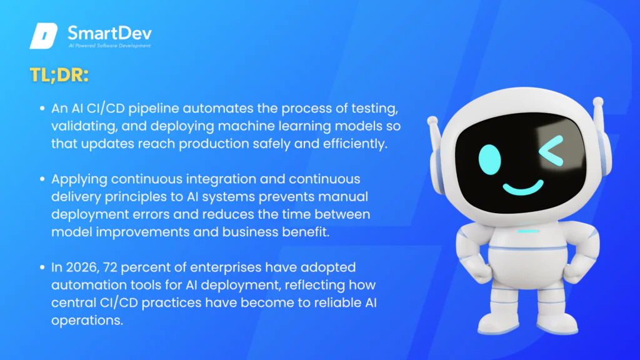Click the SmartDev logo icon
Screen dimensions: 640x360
pos(43,36)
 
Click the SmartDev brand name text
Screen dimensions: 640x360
pos(109,33)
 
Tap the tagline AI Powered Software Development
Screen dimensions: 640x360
pos(110,46)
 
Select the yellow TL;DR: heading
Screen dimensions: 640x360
pos(59,75)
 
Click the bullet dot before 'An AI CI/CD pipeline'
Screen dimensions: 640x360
pos(42,108)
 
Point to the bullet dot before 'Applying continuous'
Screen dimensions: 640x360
pos(42,179)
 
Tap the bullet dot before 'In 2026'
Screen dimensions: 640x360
pos(42,267)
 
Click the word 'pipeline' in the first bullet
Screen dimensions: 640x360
pos(154,109)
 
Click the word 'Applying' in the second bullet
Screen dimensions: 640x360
pos(79,179)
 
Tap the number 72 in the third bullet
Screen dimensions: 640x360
pos(110,267)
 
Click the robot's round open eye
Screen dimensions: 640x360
pos(489,159)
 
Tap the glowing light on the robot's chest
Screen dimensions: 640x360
pos(528,231)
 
